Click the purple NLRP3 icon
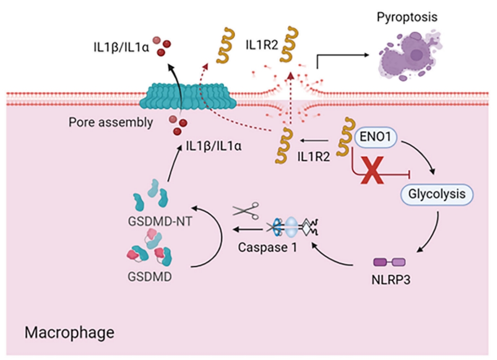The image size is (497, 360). (x=389, y=262)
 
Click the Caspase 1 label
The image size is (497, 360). (x=267, y=247)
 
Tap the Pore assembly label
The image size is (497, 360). (x=110, y=122)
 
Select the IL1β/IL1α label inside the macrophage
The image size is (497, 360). (x=215, y=146)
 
